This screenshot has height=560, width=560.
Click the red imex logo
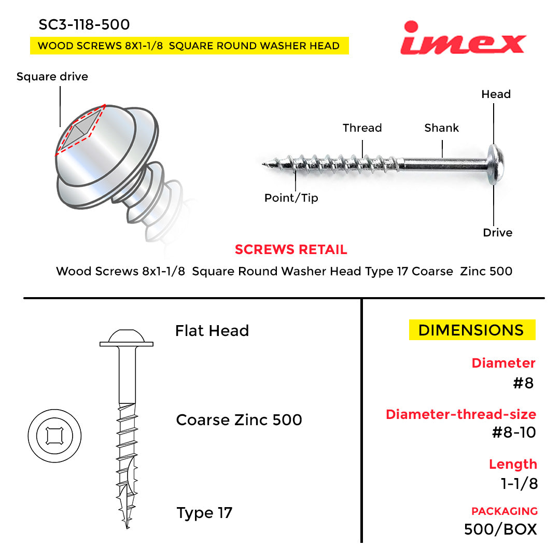point(463,38)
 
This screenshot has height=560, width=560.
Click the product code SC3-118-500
point(84,25)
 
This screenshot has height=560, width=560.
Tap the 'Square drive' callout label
point(52,77)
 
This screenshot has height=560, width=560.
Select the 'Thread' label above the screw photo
point(362,128)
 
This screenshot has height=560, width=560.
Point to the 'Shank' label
point(441,128)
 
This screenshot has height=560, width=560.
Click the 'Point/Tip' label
point(291,198)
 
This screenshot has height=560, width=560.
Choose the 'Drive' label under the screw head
point(497,233)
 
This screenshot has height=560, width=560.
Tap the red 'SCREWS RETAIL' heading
point(291,249)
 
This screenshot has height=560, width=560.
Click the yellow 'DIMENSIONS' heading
point(472,330)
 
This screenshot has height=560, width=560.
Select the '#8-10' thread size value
point(514,432)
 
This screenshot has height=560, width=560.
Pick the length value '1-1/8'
point(519,484)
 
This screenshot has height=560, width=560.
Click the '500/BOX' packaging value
point(500,529)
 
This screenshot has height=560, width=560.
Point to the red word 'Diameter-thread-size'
point(461,414)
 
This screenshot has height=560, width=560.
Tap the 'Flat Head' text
point(212,331)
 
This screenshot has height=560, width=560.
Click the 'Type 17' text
point(204,513)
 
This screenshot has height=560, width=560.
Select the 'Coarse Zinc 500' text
point(239,420)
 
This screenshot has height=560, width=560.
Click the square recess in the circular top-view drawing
point(54,436)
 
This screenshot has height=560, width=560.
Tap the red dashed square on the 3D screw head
point(80,130)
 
